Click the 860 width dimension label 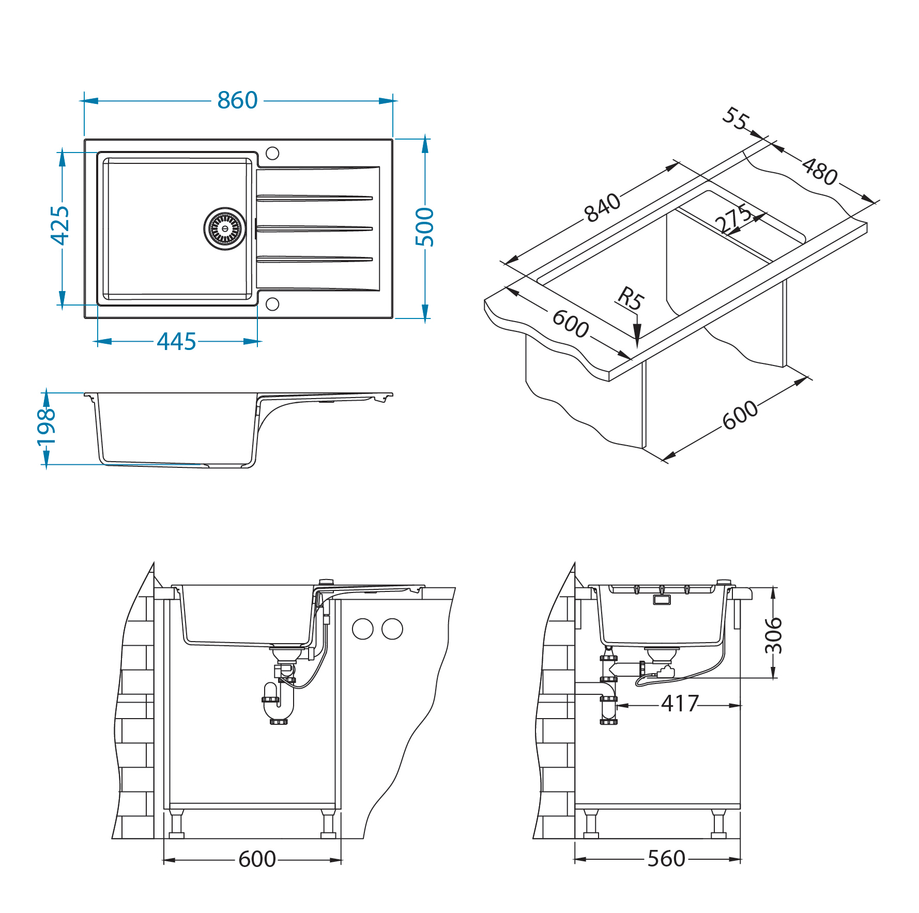tap(237, 100)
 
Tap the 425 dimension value tap(60, 225)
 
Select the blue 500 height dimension tap(425, 227)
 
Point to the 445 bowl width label tap(176, 342)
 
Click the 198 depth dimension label tap(46, 427)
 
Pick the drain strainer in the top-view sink tap(225, 229)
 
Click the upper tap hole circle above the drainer tap(272, 154)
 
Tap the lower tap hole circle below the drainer tap(272, 304)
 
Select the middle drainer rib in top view tap(315, 229)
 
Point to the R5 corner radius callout tap(631, 299)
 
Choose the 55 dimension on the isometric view tap(736, 119)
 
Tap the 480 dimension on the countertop tap(820, 172)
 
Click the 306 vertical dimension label tap(773, 635)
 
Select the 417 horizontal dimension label tap(680, 704)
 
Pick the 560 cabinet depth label tap(666, 859)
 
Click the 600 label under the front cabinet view tap(257, 859)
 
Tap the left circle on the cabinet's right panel tap(363, 629)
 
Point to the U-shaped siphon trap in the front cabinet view tap(279, 704)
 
